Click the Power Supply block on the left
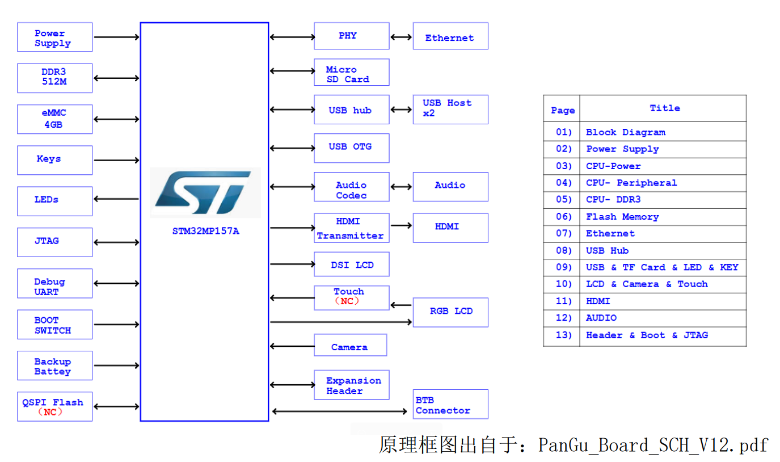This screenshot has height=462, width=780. pyautogui.click(x=54, y=37)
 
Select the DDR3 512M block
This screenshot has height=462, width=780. pyautogui.click(x=54, y=78)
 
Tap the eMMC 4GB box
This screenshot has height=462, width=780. pyautogui.click(x=54, y=119)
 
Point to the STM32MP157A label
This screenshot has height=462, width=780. pyautogui.click(x=205, y=231)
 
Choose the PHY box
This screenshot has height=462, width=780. pyautogui.click(x=351, y=36)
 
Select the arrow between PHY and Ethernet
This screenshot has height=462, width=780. pyautogui.click(x=401, y=37)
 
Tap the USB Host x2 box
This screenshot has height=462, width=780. pyautogui.click(x=450, y=109)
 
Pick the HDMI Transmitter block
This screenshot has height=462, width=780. pyautogui.click(x=351, y=228)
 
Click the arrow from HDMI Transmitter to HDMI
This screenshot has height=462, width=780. pyautogui.click(x=401, y=225)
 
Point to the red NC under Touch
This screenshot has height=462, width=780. pyautogui.click(x=347, y=301)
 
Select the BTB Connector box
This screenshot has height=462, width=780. pyautogui.click(x=450, y=405)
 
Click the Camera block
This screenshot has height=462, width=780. pyautogui.click(x=350, y=346)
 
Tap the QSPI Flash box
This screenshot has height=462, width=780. pyautogui.click(x=54, y=406)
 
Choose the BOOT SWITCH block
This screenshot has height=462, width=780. pyautogui.click(x=54, y=325)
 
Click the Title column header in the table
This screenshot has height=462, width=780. pyautogui.click(x=664, y=108)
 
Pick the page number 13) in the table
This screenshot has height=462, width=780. pyautogui.click(x=563, y=335)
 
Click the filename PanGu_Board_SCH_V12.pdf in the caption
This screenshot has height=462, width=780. pyautogui.click(x=653, y=445)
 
